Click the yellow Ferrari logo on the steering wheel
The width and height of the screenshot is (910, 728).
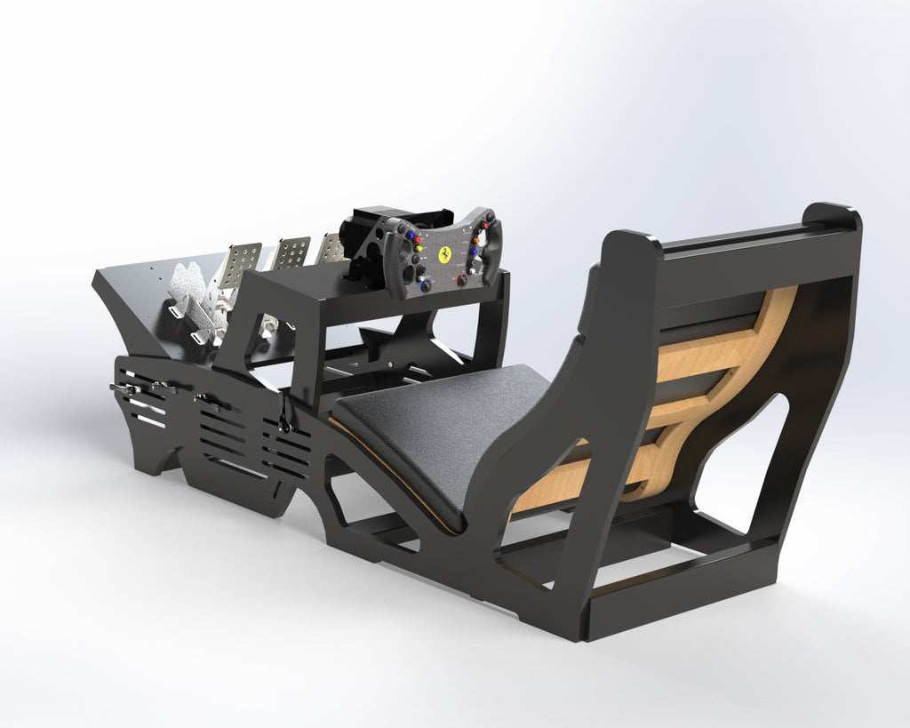[x=444, y=254]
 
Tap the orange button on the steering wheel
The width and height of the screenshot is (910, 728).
[x=476, y=240]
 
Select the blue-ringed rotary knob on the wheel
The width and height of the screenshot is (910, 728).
[x=426, y=285]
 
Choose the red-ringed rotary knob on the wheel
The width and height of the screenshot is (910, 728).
[x=461, y=280]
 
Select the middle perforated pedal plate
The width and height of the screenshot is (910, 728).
[x=291, y=253]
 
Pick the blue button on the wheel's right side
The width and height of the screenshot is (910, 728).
[x=475, y=252]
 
